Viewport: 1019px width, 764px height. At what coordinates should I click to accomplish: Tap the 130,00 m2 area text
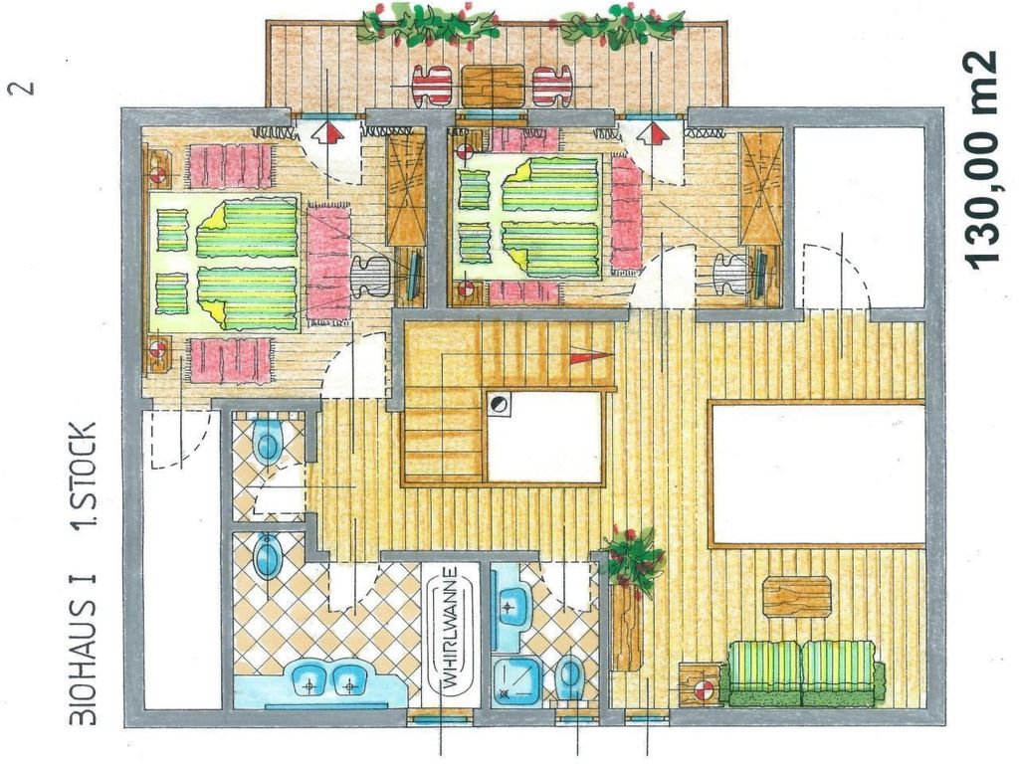(980, 159)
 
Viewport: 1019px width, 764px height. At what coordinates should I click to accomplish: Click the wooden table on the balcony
(494, 86)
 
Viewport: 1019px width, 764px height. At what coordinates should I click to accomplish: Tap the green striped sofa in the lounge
(806, 673)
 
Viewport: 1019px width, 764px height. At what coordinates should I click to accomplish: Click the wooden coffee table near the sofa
(797, 597)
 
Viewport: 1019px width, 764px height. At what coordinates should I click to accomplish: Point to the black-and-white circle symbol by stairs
(498, 404)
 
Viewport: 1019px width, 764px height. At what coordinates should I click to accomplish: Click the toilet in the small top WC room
(267, 442)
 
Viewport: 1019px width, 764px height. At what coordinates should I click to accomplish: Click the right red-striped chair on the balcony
(551, 86)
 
